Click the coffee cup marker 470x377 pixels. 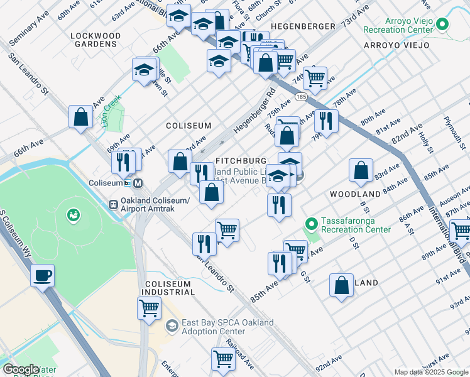point(42,275)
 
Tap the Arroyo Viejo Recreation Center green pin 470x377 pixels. point(442,25)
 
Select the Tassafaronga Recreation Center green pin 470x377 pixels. point(310,224)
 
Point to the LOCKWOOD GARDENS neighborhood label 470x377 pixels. point(95,40)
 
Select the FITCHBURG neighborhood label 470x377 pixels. point(241,161)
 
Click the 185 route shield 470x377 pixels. point(301,97)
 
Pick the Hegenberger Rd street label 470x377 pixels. point(254,109)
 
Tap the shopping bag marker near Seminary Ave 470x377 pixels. point(81,116)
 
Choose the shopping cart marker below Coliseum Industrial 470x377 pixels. point(150,308)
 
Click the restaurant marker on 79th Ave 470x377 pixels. point(325,119)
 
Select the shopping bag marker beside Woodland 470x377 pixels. point(361,170)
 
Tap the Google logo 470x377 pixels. point(21,369)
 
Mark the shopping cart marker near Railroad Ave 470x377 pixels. point(223,359)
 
